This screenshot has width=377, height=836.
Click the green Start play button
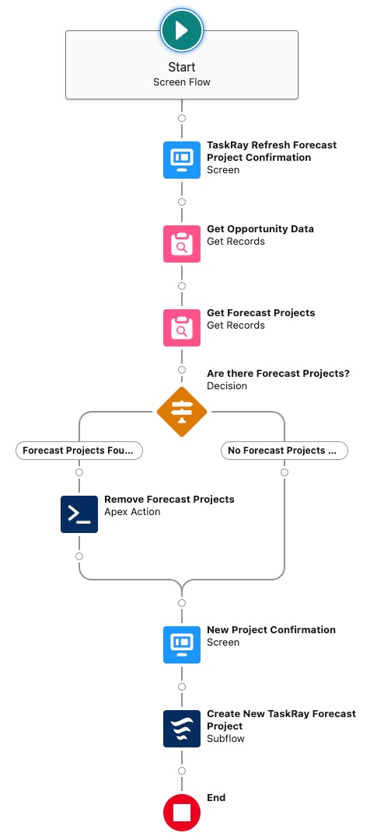pyautogui.click(x=182, y=30)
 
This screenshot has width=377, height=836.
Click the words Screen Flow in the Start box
pyautogui.click(x=182, y=82)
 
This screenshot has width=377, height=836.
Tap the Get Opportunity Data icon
pyautogui.click(x=182, y=244)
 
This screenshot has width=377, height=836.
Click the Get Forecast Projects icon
pyautogui.click(x=182, y=327)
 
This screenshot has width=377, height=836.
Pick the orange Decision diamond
pyautogui.click(x=182, y=412)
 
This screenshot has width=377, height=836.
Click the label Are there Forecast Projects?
pyautogui.click(x=278, y=373)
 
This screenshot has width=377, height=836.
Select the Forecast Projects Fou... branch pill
pyautogui.click(x=79, y=451)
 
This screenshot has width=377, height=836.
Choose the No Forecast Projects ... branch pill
pyautogui.click(x=284, y=451)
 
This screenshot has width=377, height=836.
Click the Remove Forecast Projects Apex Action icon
pyautogui.click(x=79, y=514)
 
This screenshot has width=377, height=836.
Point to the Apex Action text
pyautogui.click(x=132, y=512)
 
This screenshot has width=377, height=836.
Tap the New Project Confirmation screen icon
pyautogui.click(x=182, y=645)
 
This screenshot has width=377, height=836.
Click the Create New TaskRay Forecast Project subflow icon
pyautogui.click(x=182, y=728)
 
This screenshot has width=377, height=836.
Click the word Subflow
pyautogui.click(x=225, y=738)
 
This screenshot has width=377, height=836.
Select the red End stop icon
pyautogui.click(x=182, y=813)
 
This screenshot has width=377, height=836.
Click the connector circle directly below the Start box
pyautogui.click(x=182, y=118)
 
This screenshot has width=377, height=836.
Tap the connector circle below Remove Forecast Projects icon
pyautogui.click(x=79, y=556)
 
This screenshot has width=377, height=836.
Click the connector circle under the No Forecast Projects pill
pyautogui.click(x=284, y=472)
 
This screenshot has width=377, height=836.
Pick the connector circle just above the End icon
pyautogui.click(x=182, y=771)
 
